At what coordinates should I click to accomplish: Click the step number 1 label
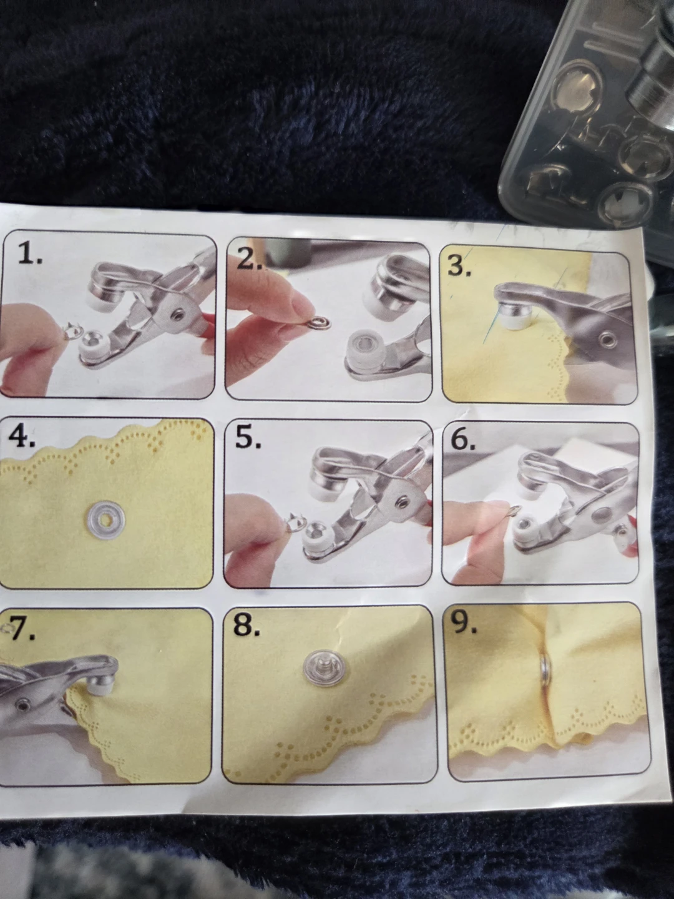click(29, 255)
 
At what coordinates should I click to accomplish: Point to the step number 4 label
click(22, 437)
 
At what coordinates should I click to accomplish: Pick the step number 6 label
click(463, 440)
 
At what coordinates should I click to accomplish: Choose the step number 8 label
click(247, 626)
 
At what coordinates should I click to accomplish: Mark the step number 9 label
click(464, 623)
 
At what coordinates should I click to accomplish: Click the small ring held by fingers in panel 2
click(316, 323)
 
